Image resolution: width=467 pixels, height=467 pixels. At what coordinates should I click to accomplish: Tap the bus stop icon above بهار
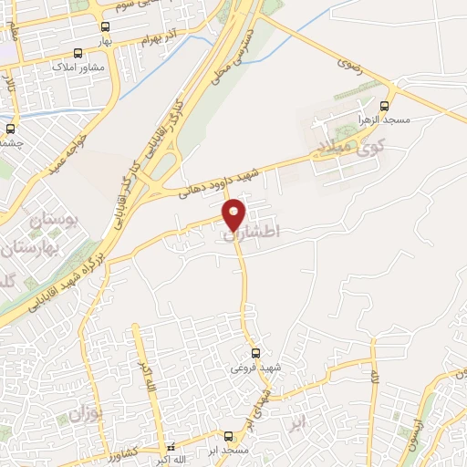[105, 27]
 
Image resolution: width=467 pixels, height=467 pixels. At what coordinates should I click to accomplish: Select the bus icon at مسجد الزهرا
[392, 105]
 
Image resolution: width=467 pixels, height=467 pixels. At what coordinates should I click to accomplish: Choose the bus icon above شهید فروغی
[256, 353]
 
